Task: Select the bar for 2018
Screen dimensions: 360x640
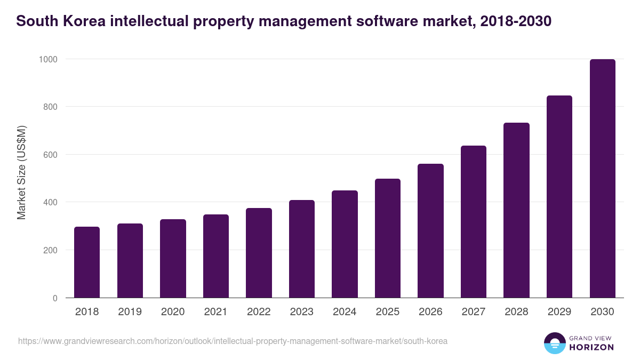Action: click(x=87, y=262)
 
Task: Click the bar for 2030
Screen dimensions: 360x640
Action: click(x=602, y=179)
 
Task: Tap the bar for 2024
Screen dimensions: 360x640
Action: click(x=345, y=244)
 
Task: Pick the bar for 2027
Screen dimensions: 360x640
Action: click(x=474, y=222)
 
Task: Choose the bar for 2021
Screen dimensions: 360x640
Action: click(x=216, y=256)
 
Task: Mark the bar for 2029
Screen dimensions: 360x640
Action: click(x=559, y=197)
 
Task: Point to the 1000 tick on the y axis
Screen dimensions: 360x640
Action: click(x=48, y=59)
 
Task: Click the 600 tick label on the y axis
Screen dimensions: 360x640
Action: click(x=50, y=155)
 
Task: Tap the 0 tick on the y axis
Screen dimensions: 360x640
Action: click(x=55, y=298)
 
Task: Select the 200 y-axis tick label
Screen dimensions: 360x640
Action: click(x=50, y=250)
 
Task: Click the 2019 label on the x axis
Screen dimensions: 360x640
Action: click(x=130, y=312)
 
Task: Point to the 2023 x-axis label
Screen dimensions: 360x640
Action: click(x=302, y=312)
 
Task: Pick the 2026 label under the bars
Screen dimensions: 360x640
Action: click(x=430, y=312)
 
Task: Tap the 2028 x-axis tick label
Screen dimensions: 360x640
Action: click(x=516, y=312)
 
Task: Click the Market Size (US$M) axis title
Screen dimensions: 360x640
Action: click(x=21, y=172)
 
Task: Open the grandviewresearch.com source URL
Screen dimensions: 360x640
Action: click(x=233, y=341)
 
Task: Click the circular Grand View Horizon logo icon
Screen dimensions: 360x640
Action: click(x=554, y=343)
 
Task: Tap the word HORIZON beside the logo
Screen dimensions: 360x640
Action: click(x=591, y=347)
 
